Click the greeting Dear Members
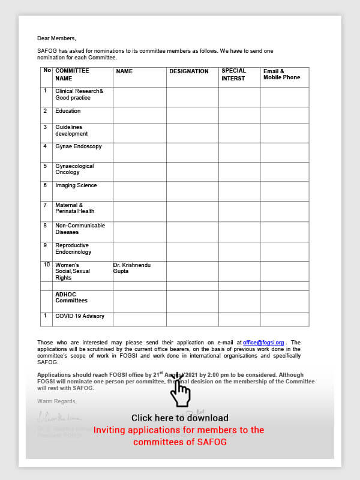coord(56,38)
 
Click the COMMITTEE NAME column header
coord(72,74)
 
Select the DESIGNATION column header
coord(188,71)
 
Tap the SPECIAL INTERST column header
coord(233,74)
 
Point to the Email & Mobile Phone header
coord(281,74)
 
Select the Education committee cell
coord(68,111)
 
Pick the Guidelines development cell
coord(71,130)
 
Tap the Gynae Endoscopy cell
coord(78,146)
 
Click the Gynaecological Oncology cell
coord(74,169)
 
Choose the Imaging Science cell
coord(76,185)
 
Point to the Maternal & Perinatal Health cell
coord(74,208)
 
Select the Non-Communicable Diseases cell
coord(80,229)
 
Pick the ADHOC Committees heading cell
coord(71,297)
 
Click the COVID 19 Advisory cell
coord(79,316)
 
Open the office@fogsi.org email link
coord(263,343)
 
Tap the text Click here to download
coord(179,418)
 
